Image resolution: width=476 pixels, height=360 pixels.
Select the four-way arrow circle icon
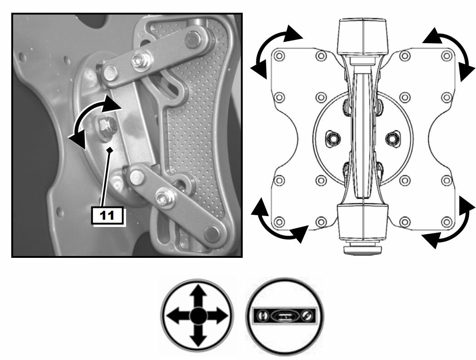(x=197, y=316)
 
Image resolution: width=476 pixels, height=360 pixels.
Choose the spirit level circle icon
(x=285, y=316)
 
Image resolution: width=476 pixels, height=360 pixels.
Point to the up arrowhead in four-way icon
(x=198, y=291)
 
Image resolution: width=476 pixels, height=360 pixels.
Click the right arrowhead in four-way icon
(x=221, y=316)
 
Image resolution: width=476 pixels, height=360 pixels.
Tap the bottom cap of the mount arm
(x=363, y=222)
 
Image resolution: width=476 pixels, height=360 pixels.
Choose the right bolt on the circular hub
(x=393, y=138)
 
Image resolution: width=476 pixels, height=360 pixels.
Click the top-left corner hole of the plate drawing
(x=279, y=56)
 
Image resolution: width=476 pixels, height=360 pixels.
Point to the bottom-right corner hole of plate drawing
(x=446, y=222)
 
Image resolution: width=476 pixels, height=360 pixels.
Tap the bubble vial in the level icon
(x=284, y=316)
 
